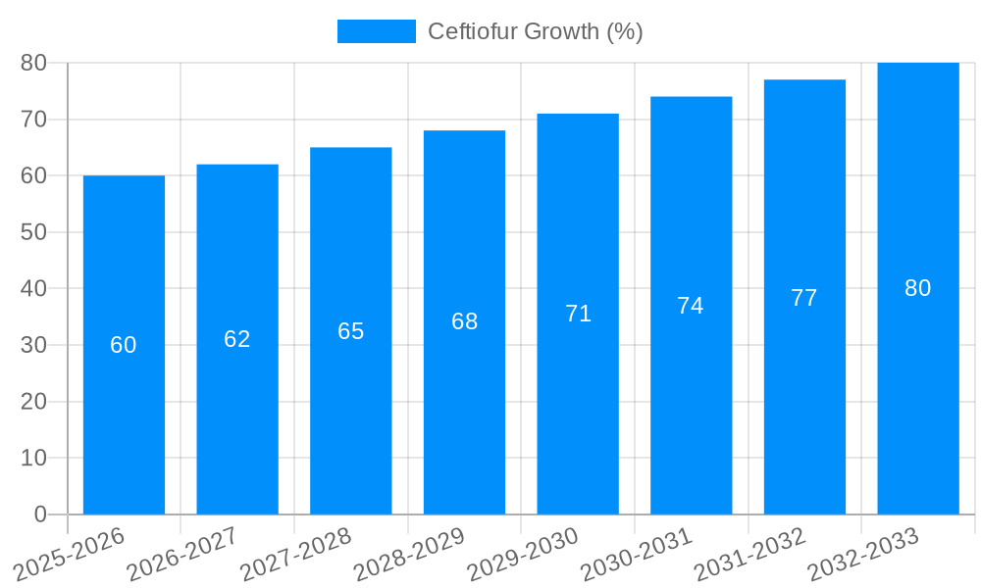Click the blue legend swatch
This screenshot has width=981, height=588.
(x=376, y=31)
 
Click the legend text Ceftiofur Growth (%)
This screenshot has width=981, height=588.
(x=535, y=31)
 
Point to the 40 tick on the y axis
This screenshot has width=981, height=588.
(x=33, y=289)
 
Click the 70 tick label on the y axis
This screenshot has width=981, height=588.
(x=33, y=120)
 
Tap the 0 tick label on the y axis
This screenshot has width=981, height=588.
(x=40, y=514)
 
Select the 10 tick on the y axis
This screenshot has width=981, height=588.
(x=33, y=459)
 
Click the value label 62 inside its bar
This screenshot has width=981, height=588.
(x=237, y=339)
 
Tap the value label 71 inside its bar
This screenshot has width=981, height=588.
(x=578, y=314)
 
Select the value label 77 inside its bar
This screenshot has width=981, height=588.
(x=804, y=298)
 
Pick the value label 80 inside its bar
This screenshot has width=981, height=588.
(x=918, y=288)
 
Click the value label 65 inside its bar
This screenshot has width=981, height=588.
(x=351, y=331)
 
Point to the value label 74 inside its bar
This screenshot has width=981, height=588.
(x=691, y=306)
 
